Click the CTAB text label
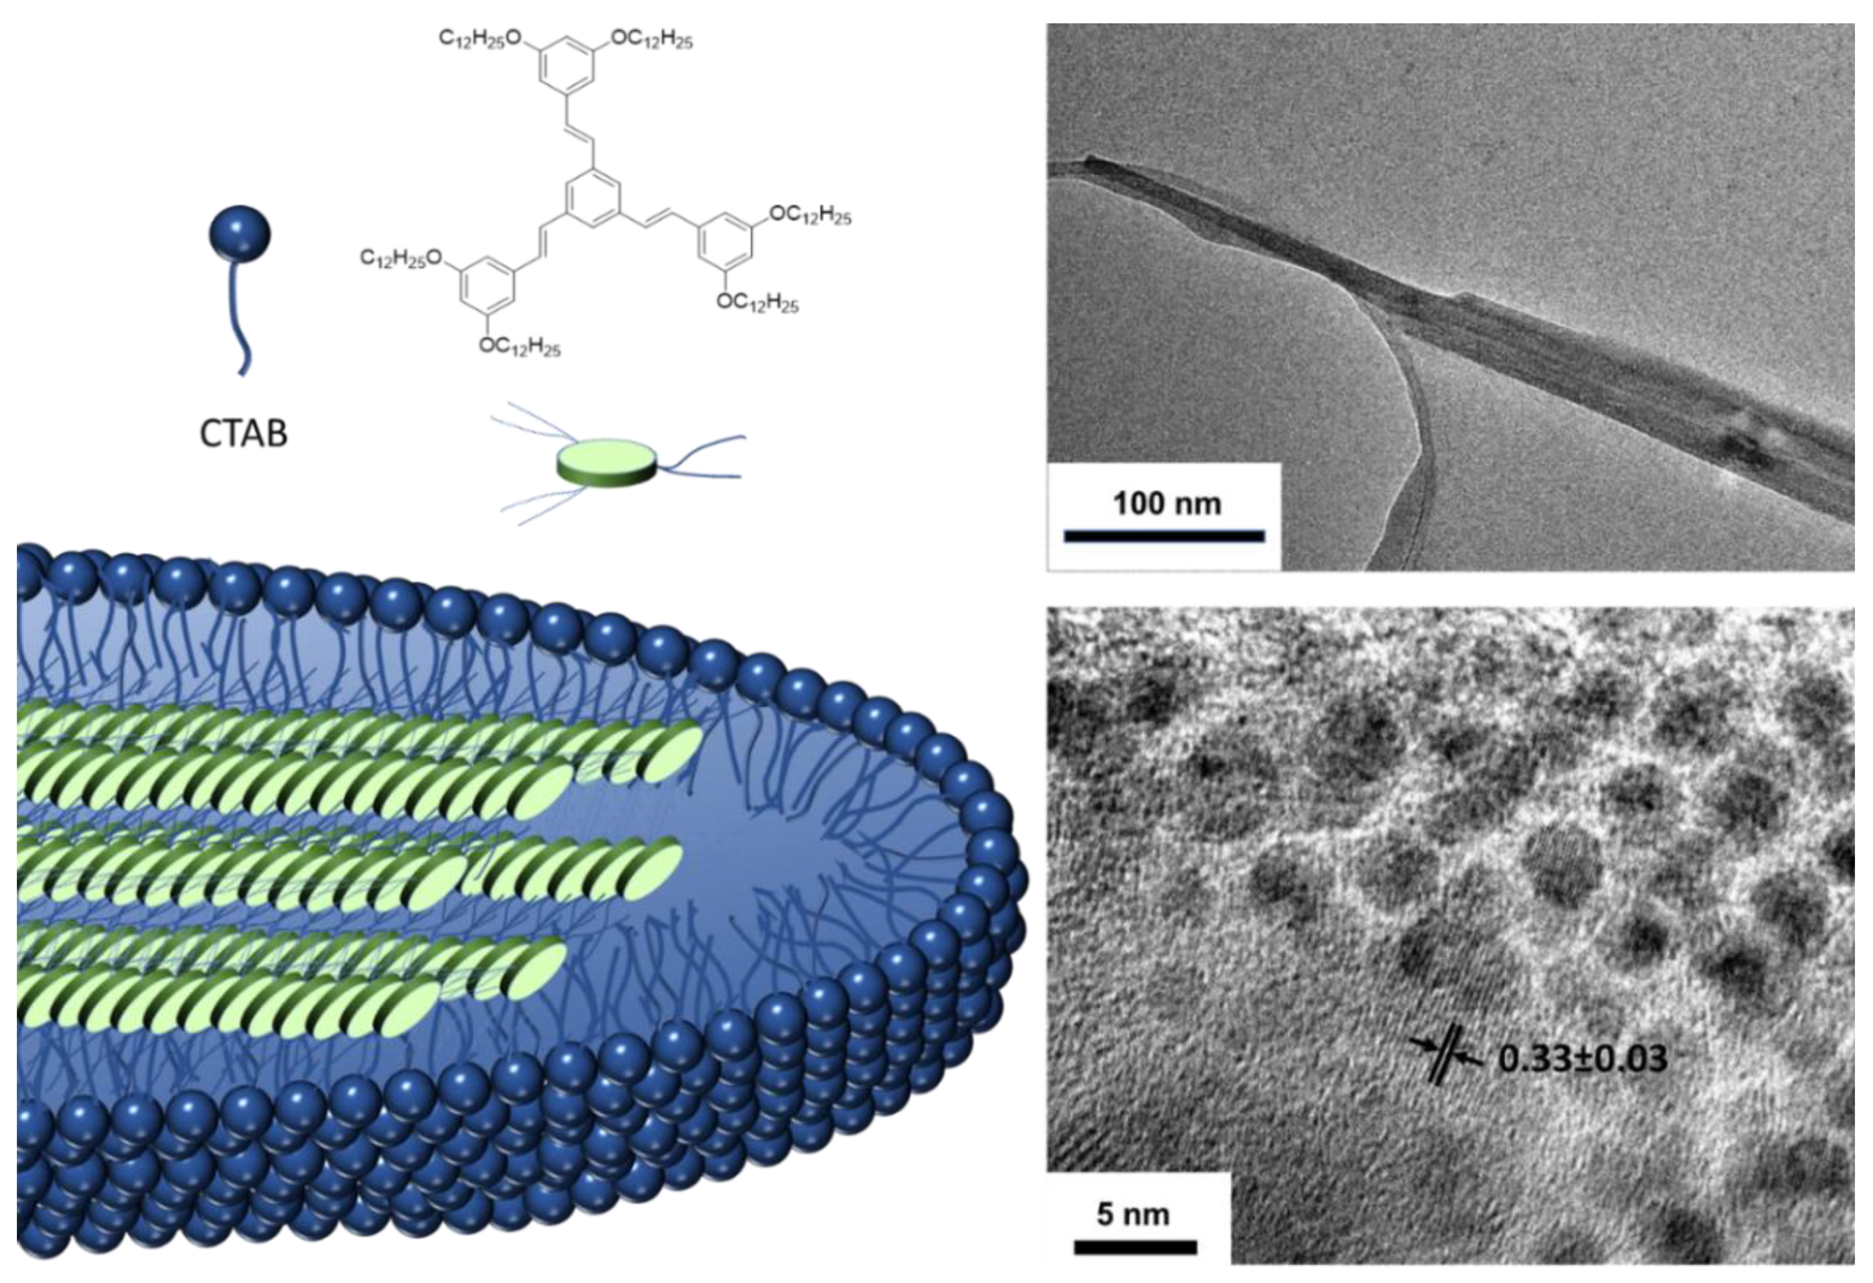coord(243,434)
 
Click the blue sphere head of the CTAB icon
coord(240,234)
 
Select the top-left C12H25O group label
coord(481,38)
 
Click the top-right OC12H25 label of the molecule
coord(652,39)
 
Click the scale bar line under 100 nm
coord(1164,536)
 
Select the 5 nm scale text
coord(1132,1214)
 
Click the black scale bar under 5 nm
coord(1135,1247)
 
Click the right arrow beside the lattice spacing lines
coord(1469,1060)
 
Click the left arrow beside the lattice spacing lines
coord(1422,1045)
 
